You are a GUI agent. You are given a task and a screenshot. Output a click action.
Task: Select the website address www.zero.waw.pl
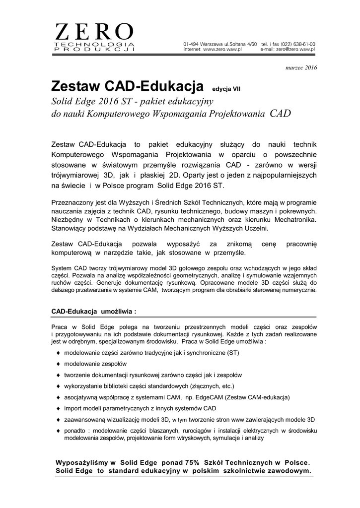click(x=222, y=50)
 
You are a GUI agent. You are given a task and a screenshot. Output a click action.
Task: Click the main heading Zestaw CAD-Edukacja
click(x=127, y=87)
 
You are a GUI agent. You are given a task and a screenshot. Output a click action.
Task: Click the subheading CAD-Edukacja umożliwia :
click(x=93, y=311)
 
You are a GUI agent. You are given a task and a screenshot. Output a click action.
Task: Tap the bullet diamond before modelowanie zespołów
click(x=59, y=364)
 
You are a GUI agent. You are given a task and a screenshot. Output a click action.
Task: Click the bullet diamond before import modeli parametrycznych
click(x=59, y=409)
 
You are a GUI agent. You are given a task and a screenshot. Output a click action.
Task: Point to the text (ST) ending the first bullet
click(x=233, y=353)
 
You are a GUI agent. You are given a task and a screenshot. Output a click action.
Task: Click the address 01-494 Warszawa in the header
click(x=201, y=45)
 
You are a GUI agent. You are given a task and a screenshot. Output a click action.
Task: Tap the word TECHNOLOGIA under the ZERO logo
click(x=94, y=46)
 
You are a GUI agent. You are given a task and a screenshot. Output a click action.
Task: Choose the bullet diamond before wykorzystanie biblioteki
click(x=59, y=386)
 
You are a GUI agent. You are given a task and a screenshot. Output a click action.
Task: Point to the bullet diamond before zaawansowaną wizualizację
click(x=59, y=420)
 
